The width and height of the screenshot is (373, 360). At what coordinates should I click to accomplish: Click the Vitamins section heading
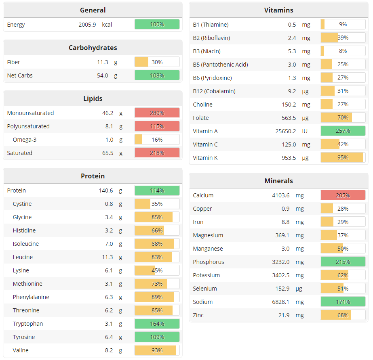coord(278,10)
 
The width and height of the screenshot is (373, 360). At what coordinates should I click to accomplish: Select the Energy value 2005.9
coord(87,25)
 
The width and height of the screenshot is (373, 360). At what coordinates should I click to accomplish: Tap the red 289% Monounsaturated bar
coord(157,113)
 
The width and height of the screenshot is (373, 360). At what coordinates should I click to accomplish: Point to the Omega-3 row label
coord(25,140)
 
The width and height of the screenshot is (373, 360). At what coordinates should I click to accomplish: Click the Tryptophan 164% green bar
coord(157,324)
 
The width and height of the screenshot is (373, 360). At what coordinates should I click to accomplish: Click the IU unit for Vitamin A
coord(305,131)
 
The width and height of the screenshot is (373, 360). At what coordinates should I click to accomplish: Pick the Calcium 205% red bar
coord(343,195)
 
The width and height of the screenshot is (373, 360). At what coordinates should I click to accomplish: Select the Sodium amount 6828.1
coord(282,302)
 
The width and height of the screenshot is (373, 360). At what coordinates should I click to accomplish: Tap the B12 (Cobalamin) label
coord(214,91)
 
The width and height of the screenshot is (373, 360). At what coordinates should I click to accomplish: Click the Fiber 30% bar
coord(157,62)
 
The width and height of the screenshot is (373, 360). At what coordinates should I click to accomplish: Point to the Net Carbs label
coord(20,75)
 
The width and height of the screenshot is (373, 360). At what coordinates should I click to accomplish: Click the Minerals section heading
coord(278,181)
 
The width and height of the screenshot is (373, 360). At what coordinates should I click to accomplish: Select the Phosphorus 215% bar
coord(343,262)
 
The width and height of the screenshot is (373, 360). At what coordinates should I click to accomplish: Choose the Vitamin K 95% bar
coord(343,158)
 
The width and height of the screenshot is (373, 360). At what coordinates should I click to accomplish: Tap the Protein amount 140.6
coord(106,190)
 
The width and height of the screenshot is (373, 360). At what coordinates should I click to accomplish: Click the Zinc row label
coord(198,315)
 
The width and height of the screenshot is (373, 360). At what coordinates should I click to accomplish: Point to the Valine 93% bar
coord(157,350)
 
